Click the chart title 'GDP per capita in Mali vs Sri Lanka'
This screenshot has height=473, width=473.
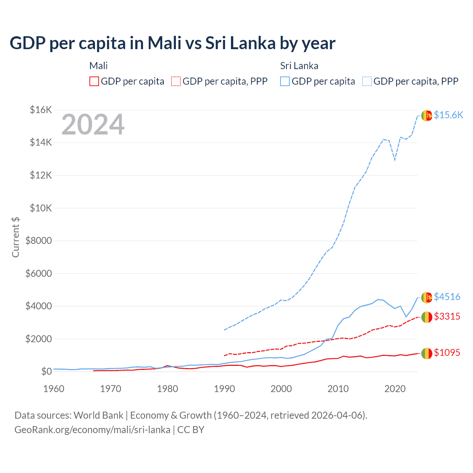pyautogui.click(x=172, y=43)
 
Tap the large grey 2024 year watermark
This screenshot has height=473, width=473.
pyautogui.click(x=93, y=125)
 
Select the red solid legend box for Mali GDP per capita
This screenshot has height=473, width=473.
pyautogui.click(x=94, y=81)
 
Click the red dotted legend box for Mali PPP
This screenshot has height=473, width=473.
pyautogui.click(x=176, y=81)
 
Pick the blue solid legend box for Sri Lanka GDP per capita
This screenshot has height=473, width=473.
pyautogui.click(x=285, y=81)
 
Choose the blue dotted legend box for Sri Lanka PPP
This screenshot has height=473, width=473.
pyautogui.click(x=367, y=81)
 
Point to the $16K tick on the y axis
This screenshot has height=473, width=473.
pyautogui.click(x=41, y=110)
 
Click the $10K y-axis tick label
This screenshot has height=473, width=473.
pyautogui.click(x=41, y=208)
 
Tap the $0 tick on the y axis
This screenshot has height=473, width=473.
pyautogui.click(x=46, y=371)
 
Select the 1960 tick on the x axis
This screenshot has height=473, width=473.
pyautogui.click(x=54, y=389)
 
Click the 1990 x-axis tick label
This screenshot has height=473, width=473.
pyautogui.click(x=224, y=389)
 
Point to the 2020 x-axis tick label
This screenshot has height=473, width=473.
pyautogui.click(x=395, y=389)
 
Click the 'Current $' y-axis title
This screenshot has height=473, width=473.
pyautogui.click(x=16, y=237)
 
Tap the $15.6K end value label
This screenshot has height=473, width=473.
pyautogui.click(x=448, y=115)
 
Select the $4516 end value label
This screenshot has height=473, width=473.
pyautogui.click(x=447, y=297)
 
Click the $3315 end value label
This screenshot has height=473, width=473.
pyautogui.click(x=447, y=316)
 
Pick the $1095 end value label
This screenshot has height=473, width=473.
pyautogui.click(x=447, y=353)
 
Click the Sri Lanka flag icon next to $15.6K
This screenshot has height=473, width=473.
pyautogui.click(x=427, y=116)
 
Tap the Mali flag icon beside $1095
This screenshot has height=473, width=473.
pyautogui.click(x=427, y=354)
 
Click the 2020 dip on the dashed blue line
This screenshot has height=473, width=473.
pyautogui.click(x=395, y=160)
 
